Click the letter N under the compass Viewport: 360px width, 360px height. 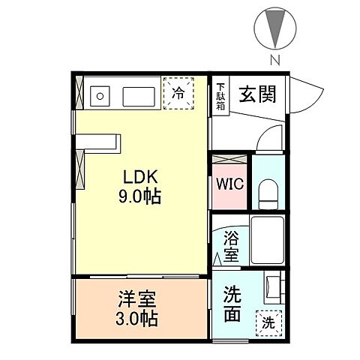[275, 59]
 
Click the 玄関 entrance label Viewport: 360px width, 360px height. [256, 94]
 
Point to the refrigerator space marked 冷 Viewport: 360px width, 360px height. [178, 94]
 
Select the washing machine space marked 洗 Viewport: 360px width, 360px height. [268, 323]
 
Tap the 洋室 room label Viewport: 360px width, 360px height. [136, 300]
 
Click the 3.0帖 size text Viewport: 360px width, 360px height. [136, 319]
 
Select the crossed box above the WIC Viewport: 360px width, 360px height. [229, 160]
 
